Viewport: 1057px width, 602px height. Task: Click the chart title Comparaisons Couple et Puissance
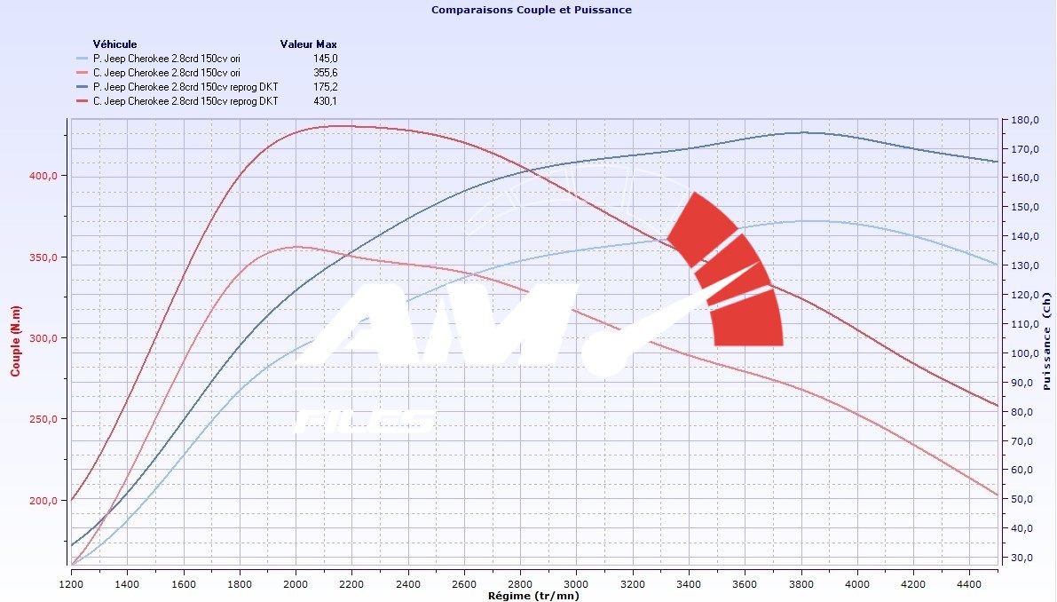click(531, 10)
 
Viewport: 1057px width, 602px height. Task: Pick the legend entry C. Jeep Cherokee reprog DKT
click(185, 101)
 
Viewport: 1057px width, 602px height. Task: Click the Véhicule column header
click(114, 44)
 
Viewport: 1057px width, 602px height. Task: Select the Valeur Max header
click(308, 44)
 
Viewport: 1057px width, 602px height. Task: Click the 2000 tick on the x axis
click(296, 585)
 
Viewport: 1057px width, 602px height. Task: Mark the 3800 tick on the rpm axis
click(801, 585)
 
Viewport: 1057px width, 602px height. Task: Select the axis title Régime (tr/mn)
click(534, 596)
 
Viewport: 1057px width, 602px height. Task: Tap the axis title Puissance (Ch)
click(1047, 343)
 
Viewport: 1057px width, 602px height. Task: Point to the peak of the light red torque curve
click(296, 247)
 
